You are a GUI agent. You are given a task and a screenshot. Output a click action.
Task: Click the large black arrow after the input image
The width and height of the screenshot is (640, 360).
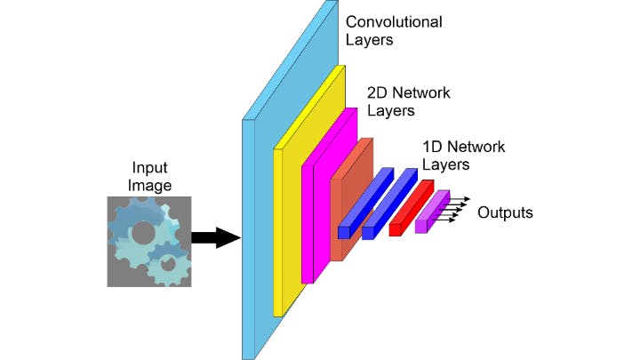point(215,237)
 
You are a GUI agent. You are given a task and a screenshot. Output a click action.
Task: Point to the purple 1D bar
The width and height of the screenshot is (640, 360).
point(433,212)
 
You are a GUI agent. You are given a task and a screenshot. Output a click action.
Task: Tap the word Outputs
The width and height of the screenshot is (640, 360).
point(505,212)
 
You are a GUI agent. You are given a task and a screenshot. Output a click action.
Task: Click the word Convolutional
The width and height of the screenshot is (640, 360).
point(394,21)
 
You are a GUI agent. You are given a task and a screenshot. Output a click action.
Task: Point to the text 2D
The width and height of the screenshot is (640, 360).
point(380,93)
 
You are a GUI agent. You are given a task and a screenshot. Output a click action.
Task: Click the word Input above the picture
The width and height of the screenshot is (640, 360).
point(149,168)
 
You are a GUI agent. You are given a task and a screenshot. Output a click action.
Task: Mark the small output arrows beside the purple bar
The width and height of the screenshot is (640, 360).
point(456,209)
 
